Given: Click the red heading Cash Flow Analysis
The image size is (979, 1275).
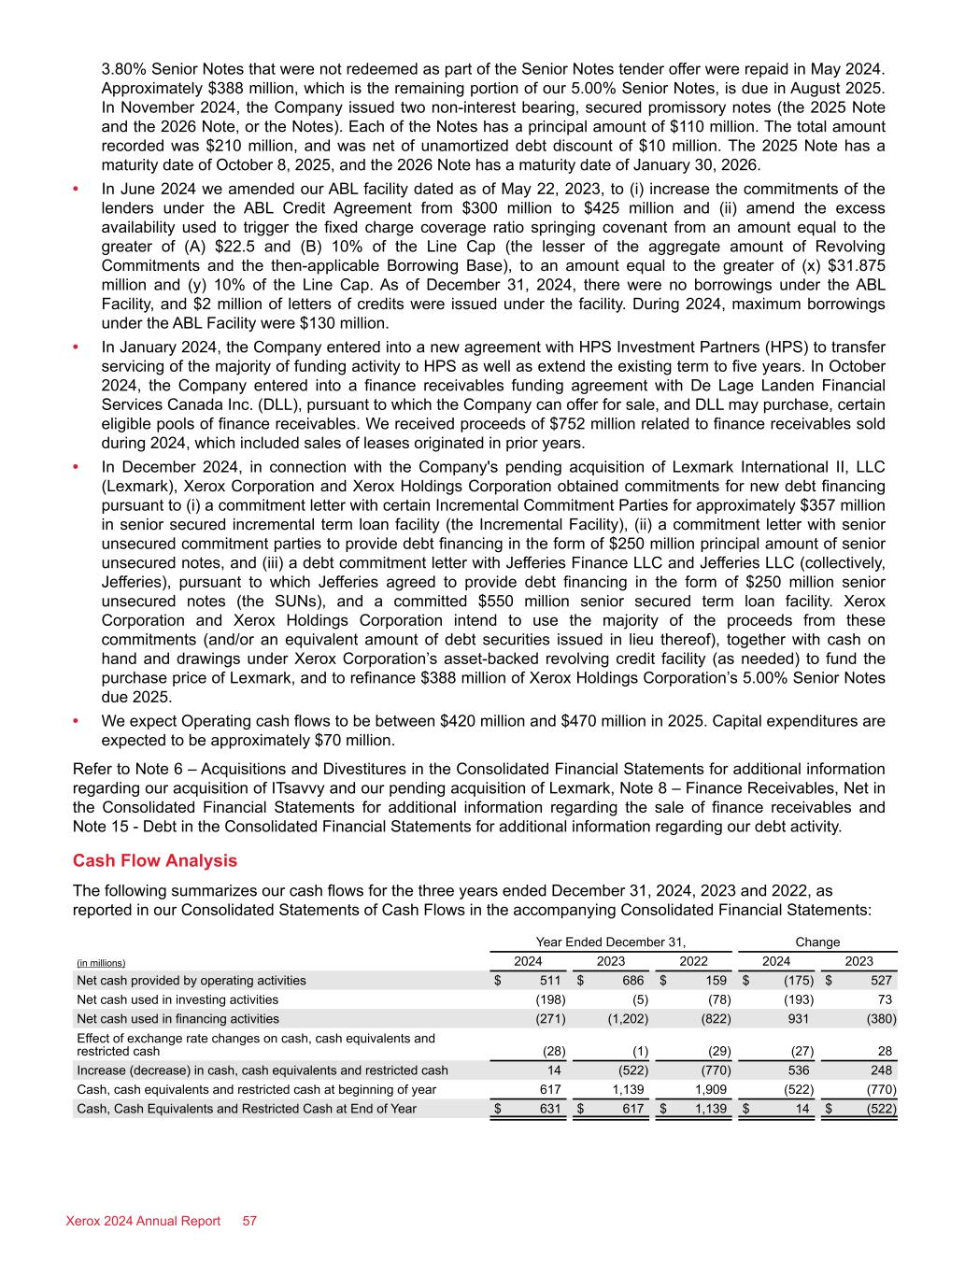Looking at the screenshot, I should click(155, 861).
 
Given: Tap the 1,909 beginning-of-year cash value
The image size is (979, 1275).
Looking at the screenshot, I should click(713, 1089).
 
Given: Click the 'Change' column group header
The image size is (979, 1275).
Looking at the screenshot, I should click(817, 942).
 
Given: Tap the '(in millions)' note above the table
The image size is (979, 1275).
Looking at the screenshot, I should click(100, 963).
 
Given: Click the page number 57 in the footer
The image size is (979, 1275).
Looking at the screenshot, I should click(249, 1221).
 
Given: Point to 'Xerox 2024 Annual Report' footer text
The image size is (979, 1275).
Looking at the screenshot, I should click(143, 1221).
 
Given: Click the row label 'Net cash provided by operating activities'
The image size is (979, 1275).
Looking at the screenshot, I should click(192, 981).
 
